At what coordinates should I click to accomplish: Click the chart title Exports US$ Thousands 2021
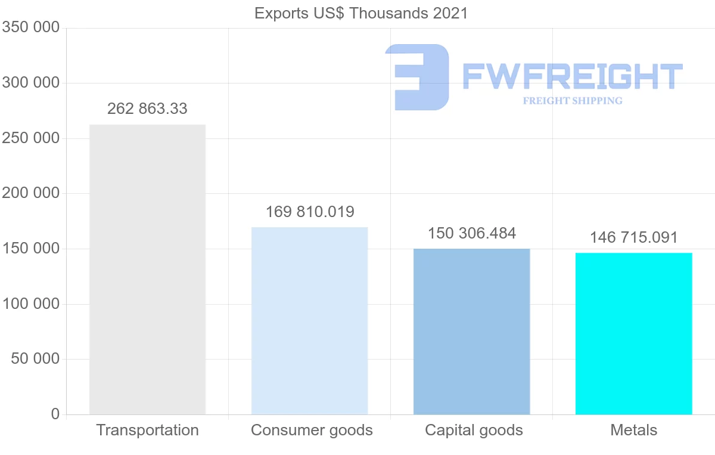[x=361, y=13]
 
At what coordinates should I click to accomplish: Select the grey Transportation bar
[x=147, y=270]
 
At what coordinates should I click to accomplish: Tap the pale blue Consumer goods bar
[x=309, y=321]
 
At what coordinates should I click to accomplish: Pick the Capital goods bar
[x=471, y=332]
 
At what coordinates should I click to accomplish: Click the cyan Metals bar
[x=633, y=333]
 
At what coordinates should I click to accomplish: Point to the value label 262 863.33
[x=147, y=109]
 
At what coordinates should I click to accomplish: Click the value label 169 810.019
[x=310, y=212]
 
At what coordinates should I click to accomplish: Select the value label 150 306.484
[x=472, y=233]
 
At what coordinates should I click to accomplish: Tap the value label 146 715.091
[x=634, y=237]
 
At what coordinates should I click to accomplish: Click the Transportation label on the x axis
[x=147, y=430]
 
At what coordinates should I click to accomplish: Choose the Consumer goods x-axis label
[x=312, y=430]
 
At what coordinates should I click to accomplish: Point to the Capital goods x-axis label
[x=474, y=430]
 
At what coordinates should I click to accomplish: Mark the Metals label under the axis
[x=634, y=430]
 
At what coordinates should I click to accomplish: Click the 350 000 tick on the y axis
[x=30, y=27]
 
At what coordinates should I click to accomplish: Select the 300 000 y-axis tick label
[x=30, y=83]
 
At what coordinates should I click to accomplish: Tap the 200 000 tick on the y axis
[x=30, y=193]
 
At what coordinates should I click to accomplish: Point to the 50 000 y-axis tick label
[x=35, y=359]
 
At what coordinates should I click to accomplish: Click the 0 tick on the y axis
[x=55, y=414]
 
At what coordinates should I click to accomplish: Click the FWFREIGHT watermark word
[x=572, y=76]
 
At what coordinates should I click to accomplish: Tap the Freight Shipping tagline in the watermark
[x=573, y=101]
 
